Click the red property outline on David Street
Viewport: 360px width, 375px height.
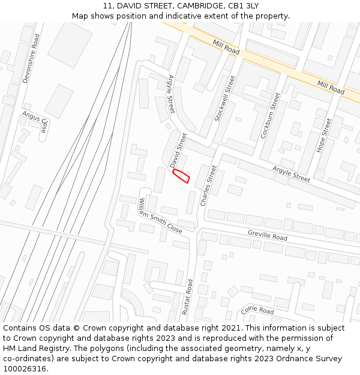click(x=181, y=176)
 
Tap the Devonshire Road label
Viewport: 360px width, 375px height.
click(x=31, y=58)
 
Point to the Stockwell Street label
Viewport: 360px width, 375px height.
click(x=225, y=98)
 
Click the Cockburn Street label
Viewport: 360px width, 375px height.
click(x=271, y=116)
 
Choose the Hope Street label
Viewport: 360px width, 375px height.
click(x=323, y=136)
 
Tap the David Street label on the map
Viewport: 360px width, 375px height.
click(x=178, y=150)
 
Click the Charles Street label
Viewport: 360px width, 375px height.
click(x=208, y=186)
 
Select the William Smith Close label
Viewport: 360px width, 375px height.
click(x=160, y=215)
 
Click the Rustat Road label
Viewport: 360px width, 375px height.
click(x=189, y=297)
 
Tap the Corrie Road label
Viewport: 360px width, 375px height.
click(x=257, y=310)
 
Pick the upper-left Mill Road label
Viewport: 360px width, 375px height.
click(x=226, y=47)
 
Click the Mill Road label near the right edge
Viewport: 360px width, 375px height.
click(x=331, y=88)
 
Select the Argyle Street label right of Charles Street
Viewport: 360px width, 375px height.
click(x=292, y=175)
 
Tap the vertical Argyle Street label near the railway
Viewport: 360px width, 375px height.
click(x=171, y=94)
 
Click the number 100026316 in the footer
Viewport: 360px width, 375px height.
click(x=26, y=369)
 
